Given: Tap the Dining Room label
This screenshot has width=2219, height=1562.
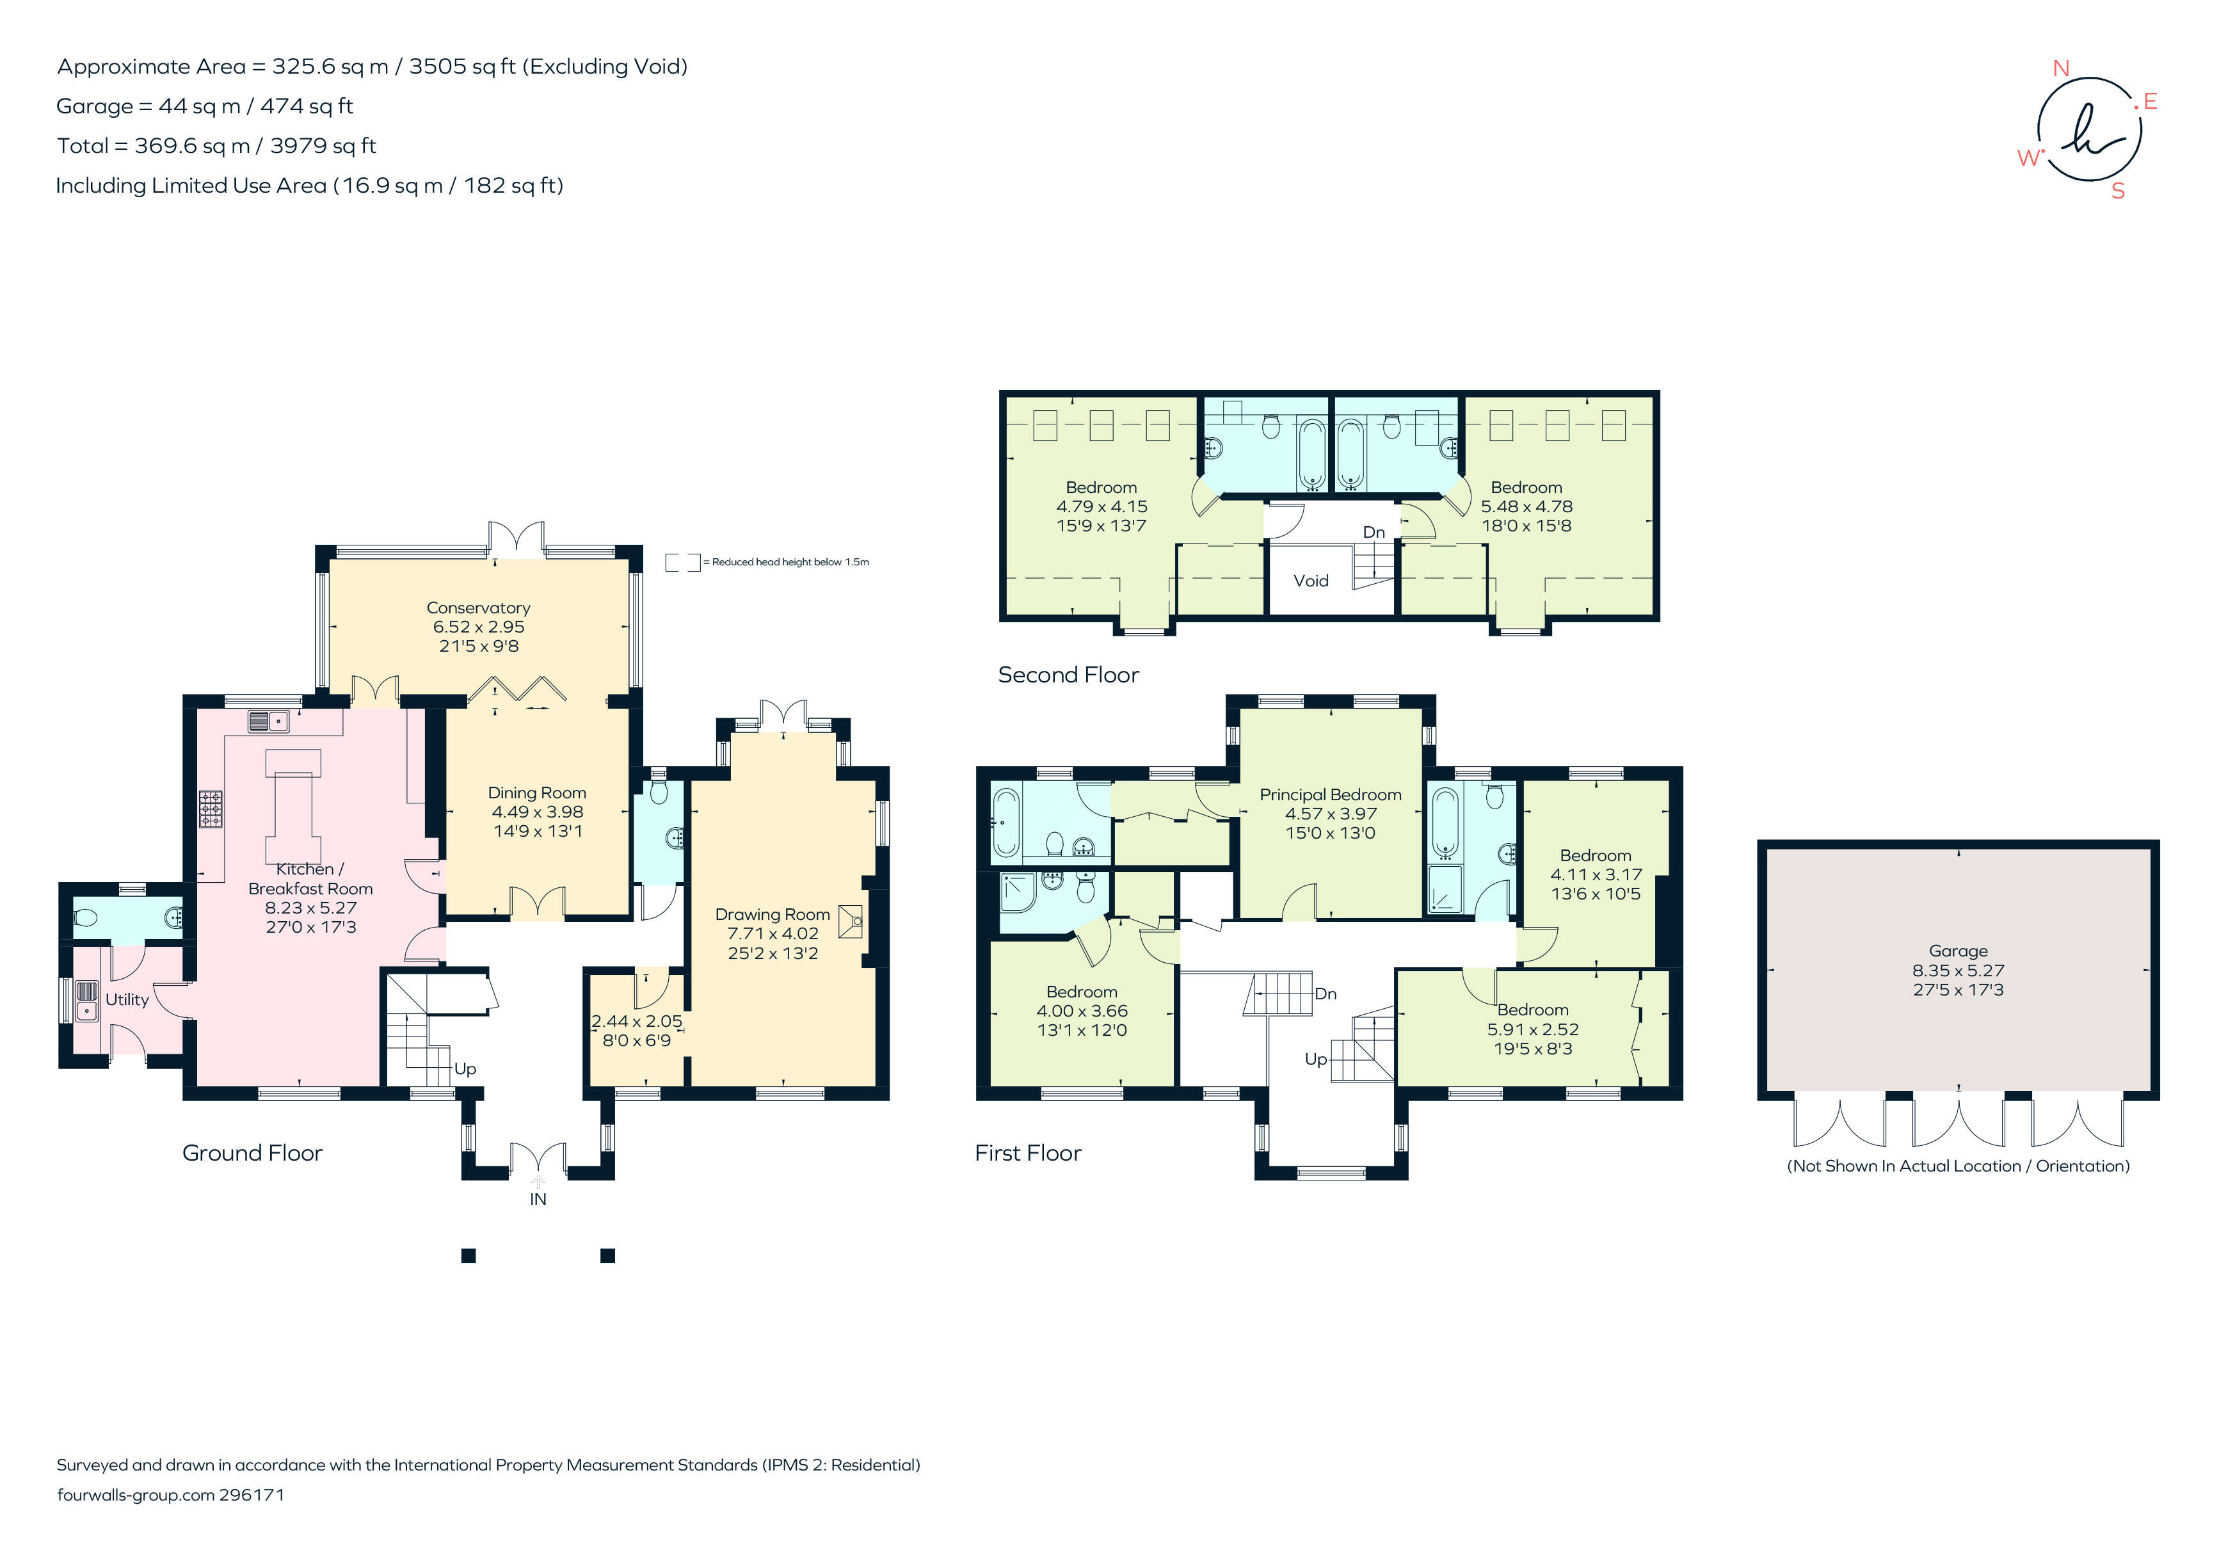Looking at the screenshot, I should click(x=536, y=793).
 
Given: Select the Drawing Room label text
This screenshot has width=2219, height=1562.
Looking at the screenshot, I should click(x=773, y=914).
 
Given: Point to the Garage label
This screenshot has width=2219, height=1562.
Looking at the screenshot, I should click(x=1958, y=951).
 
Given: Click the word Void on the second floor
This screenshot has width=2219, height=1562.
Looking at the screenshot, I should click(x=1311, y=581).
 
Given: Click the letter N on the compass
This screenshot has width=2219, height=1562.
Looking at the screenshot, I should click(x=2060, y=68).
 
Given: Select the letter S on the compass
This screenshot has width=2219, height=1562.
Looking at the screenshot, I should click(x=2117, y=191).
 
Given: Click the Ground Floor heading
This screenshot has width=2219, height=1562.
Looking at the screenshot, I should click(x=252, y=1153).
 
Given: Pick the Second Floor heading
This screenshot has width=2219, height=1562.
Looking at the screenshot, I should click(x=1068, y=675).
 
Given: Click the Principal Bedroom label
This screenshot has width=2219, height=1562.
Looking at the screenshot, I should click(x=1330, y=794).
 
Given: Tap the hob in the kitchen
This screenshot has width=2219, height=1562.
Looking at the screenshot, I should click(x=211, y=809).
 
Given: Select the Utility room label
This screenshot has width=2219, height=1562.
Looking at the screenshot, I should click(x=127, y=999).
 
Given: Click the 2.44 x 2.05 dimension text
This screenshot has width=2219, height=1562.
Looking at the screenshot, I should click(x=636, y=1020).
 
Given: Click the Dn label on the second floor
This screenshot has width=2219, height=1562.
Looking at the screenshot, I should click(x=1374, y=533).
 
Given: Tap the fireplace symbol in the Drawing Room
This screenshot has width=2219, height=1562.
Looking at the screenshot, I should click(x=851, y=921).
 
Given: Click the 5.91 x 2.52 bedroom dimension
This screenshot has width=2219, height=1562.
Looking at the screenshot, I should click(x=1533, y=1029).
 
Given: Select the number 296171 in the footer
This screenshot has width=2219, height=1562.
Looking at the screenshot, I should click(x=252, y=1494).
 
